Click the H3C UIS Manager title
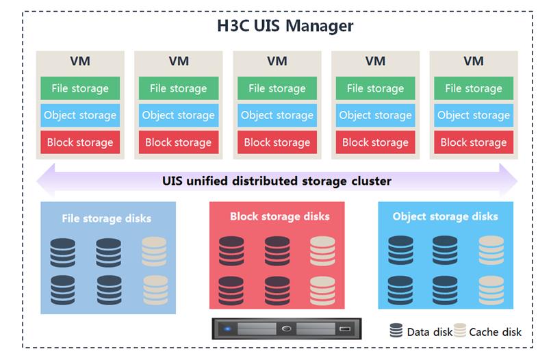(x=285, y=25)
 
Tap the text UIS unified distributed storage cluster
(x=277, y=181)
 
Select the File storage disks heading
(x=107, y=218)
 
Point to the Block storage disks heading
(x=280, y=216)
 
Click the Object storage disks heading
(x=445, y=216)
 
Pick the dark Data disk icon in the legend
(x=396, y=331)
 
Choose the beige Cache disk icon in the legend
(x=460, y=330)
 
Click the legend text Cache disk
(x=495, y=332)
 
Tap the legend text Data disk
(x=429, y=332)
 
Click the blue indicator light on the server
(x=228, y=329)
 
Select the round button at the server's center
(x=286, y=329)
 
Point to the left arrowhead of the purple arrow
(x=46, y=181)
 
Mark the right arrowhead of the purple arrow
(x=508, y=181)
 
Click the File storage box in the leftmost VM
(x=80, y=88)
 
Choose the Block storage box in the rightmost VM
(x=474, y=142)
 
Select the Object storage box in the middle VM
(x=277, y=115)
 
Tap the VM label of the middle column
(x=277, y=61)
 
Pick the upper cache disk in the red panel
(x=322, y=251)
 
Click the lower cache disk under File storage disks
(x=155, y=290)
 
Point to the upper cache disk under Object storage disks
(x=491, y=250)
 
